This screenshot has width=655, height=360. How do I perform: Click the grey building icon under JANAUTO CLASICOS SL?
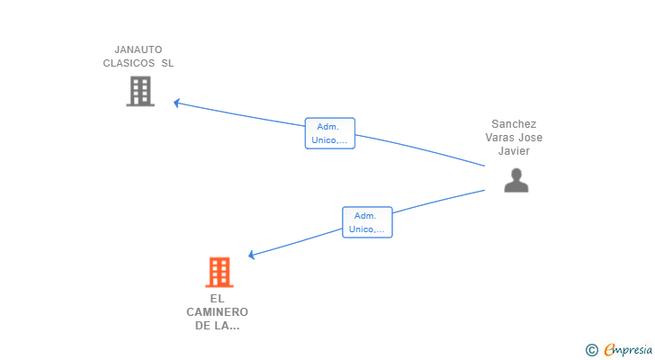[x=140, y=91]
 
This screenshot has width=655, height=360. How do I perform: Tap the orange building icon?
[x=219, y=272]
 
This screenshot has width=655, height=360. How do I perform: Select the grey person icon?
[x=516, y=181]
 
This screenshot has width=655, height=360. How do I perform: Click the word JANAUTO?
[x=138, y=49]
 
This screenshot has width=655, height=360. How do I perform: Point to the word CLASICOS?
[x=129, y=63]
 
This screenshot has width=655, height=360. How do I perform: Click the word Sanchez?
[x=514, y=124]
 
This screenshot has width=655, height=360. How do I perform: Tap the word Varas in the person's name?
[x=501, y=138]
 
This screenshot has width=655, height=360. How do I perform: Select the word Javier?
[x=514, y=151]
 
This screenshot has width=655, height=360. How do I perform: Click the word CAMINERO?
[x=218, y=311]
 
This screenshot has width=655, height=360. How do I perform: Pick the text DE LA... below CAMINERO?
[x=218, y=326]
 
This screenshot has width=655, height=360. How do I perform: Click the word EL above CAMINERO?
[x=217, y=298]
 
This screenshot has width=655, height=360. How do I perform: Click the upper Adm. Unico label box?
[x=329, y=133]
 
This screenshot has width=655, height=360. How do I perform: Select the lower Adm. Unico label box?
[x=366, y=222]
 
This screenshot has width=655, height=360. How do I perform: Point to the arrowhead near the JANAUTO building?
[x=176, y=103]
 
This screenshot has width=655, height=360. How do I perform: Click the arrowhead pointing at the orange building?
[x=251, y=256]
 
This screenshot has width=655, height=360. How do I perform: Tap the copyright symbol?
[x=591, y=350]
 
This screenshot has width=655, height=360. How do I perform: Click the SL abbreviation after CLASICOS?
[x=168, y=63]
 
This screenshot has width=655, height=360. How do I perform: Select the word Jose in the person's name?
[x=530, y=138]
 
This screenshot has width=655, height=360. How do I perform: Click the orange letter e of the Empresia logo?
[x=609, y=350]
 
